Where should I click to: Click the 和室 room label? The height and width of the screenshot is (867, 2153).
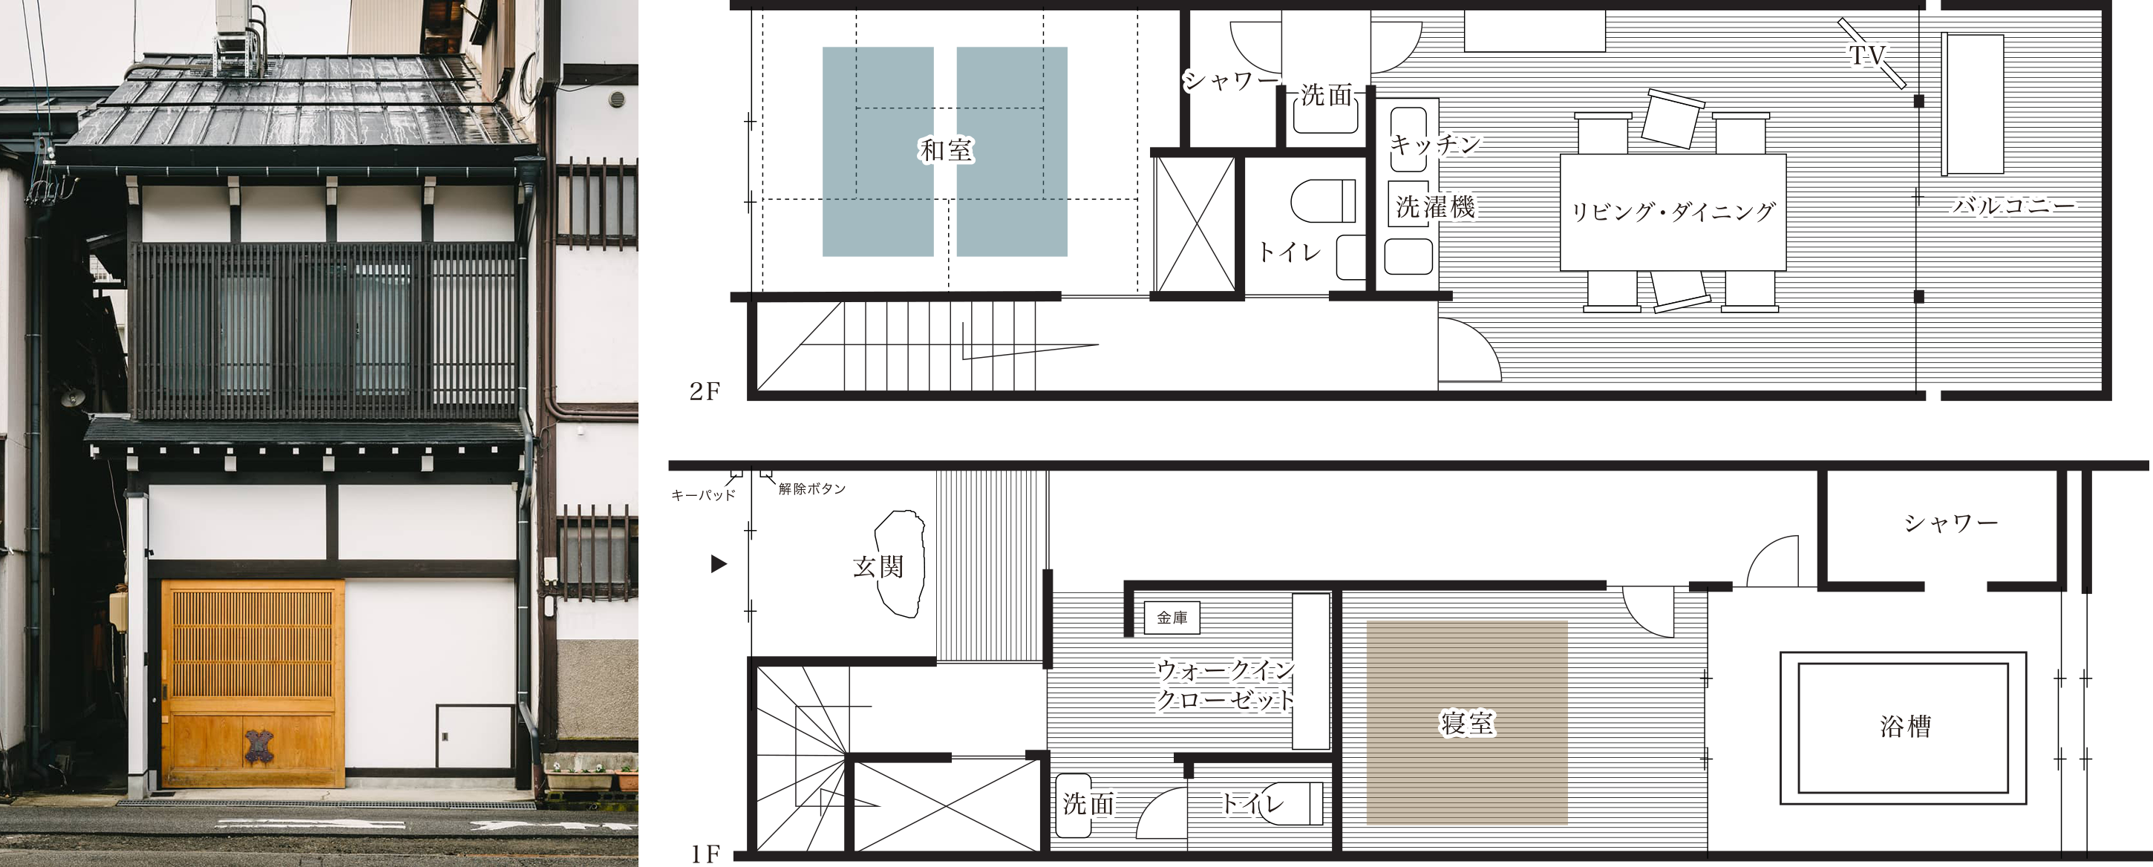click(945, 151)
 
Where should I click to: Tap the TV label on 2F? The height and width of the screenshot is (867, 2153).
click(1867, 55)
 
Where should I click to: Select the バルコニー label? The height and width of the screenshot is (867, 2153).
click(2013, 205)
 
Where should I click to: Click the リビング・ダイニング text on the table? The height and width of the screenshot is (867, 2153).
click(1673, 212)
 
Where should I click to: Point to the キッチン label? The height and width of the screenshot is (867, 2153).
click(1434, 145)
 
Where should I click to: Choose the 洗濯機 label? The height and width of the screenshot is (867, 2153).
click(1434, 206)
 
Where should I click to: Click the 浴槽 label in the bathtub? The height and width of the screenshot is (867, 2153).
click(1906, 726)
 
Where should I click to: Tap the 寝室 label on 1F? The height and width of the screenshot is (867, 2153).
click(1467, 723)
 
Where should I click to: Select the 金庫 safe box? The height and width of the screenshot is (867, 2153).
click(1172, 618)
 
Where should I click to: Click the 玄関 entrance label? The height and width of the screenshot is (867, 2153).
click(878, 567)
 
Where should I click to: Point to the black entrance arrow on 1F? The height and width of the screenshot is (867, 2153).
click(718, 565)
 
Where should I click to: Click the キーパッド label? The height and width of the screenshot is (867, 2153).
click(703, 495)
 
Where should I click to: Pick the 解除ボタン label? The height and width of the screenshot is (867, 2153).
click(811, 488)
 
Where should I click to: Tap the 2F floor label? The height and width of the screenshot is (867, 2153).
click(704, 391)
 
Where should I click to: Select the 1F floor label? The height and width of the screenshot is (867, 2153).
click(705, 854)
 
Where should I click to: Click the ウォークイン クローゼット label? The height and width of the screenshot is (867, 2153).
click(1225, 685)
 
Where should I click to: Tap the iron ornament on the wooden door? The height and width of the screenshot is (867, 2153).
click(258, 746)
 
